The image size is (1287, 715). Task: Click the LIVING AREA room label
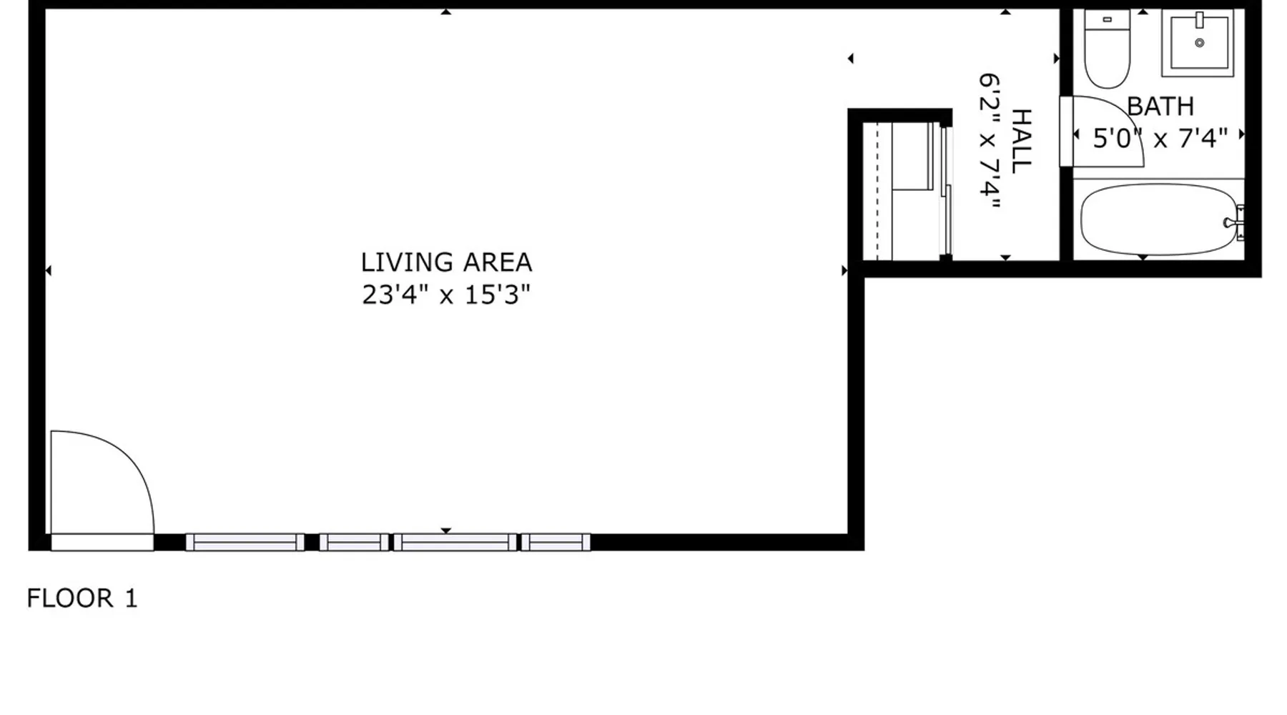click(446, 262)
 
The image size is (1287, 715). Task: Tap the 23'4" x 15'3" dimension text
click(446, 295)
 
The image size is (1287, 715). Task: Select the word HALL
click(1021, 141)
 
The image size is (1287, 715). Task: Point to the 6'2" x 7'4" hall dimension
click(989, 140)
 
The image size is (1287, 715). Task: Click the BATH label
click(1160, 107)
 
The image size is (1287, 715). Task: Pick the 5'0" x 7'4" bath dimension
click(1160, 138)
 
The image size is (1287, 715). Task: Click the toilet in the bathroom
click(1107, 48)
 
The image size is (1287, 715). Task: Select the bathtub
click(1158, 220)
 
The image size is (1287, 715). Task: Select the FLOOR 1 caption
click(82, 598)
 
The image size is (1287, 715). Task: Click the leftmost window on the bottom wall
click(245, 543)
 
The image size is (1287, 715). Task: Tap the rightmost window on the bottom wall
click(556, 543)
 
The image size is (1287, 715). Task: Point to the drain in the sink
click(1200, 43)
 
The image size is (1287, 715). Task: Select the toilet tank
click(1107, 19)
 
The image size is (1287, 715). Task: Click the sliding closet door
click(946, 191)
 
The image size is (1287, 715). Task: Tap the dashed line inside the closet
click(877, 191)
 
